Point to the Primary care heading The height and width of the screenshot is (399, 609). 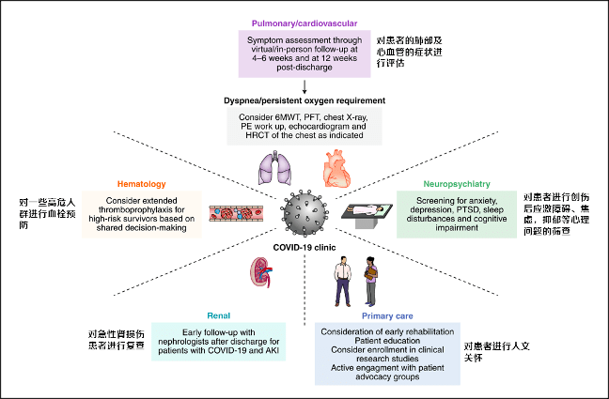[386, 316]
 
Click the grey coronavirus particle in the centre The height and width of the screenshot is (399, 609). [304, 212]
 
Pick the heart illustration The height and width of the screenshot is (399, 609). [336, 172]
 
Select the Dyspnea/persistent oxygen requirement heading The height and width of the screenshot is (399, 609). [305, 99]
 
